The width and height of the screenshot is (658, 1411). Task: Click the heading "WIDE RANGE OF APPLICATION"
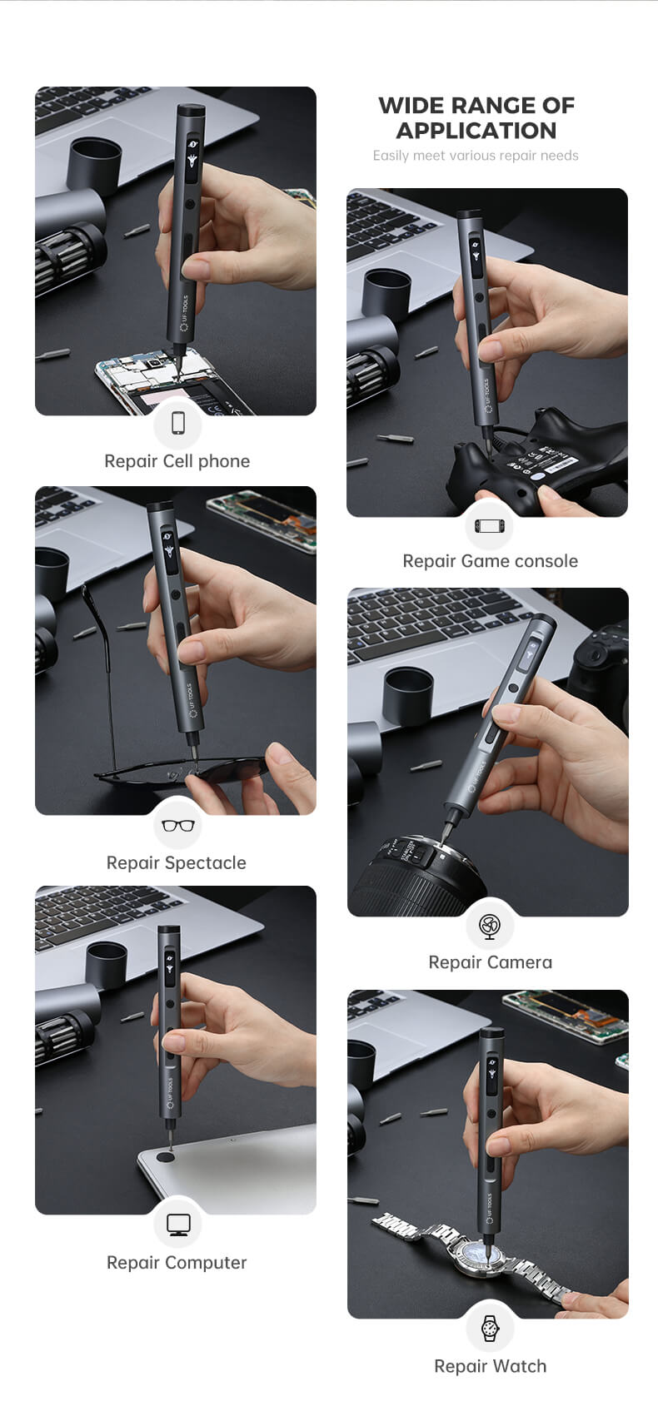coord(476,118)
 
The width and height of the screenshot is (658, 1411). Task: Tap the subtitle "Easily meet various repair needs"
coord(476,156)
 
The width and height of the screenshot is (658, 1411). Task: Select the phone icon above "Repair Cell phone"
coord(178,423)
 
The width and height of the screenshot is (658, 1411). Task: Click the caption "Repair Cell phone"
coord(177,461)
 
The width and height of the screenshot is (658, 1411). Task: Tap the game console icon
coord(488,525)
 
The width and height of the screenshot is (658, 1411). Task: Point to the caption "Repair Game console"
coord(491,561)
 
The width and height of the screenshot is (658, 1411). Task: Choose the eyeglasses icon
coord(178,825)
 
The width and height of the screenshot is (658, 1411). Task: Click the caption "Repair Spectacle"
coord(177,863)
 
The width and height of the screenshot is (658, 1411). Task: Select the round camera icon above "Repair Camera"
coord(490,927)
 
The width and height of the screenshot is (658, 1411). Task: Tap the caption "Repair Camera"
coord(491,962)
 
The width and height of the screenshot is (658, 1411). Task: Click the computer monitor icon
coord(178,1225)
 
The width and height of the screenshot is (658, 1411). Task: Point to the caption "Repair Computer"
coord(177,1263)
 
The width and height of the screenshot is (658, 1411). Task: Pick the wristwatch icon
coord(490,1328)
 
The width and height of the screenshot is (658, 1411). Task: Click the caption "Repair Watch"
coord(491,1366)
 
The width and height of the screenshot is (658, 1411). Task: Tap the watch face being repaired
coord(482,1255)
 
